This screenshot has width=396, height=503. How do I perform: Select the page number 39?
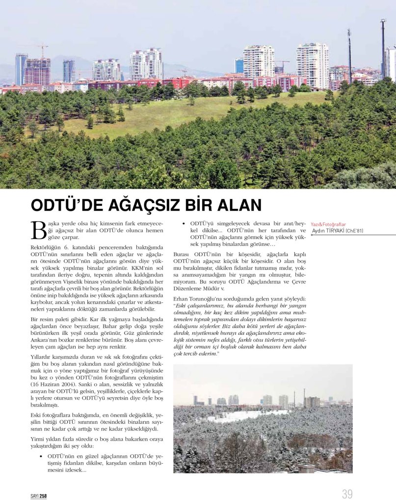click(x=347, y=494)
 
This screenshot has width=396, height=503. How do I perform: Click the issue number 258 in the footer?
click(x=44, y=496)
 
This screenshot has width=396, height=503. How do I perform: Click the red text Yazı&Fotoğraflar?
click(x=328, y=224)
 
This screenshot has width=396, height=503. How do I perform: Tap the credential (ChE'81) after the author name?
click(x=355, y=231)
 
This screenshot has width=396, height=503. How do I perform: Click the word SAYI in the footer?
click(x=34, y=496)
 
